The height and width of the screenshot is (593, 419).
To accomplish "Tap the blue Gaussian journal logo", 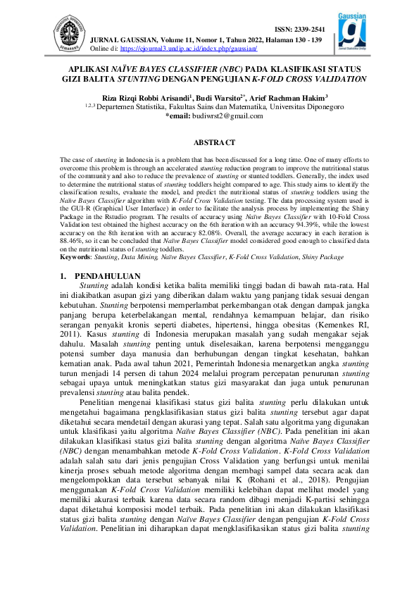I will tap(351, 34).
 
